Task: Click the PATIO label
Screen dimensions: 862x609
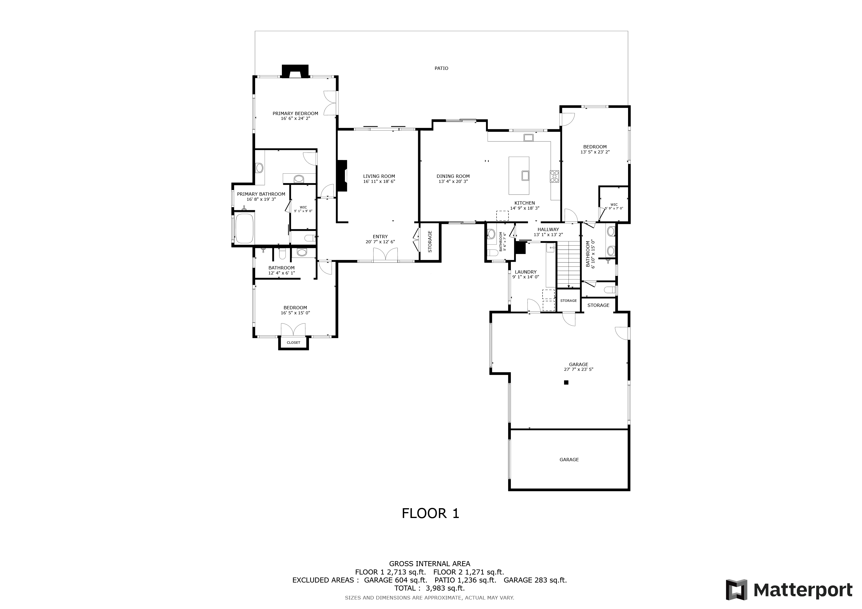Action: [441, 68]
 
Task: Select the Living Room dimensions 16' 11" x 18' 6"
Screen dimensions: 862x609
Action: [379, 181]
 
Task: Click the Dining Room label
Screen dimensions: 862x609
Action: [453, 176]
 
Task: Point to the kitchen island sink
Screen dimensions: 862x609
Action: [525, 175]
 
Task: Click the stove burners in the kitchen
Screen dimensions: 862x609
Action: [554, 176]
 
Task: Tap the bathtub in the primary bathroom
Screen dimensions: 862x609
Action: [244, 228]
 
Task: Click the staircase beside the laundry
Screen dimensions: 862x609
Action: [569, 264]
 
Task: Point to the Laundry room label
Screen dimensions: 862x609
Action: [526, 272]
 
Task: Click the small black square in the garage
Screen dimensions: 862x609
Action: [566, 382]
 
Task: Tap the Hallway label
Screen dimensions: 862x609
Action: [548, 230]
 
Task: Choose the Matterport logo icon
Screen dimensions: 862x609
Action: [736, 589]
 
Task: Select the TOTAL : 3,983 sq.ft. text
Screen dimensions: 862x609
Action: [430, 588]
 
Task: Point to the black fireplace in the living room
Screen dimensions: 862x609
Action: [342, 176]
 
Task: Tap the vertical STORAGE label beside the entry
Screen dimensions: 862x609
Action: [430, 241]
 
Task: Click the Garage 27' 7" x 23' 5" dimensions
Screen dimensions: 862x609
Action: [579, 369]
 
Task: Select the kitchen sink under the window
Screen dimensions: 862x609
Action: [529, 137]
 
